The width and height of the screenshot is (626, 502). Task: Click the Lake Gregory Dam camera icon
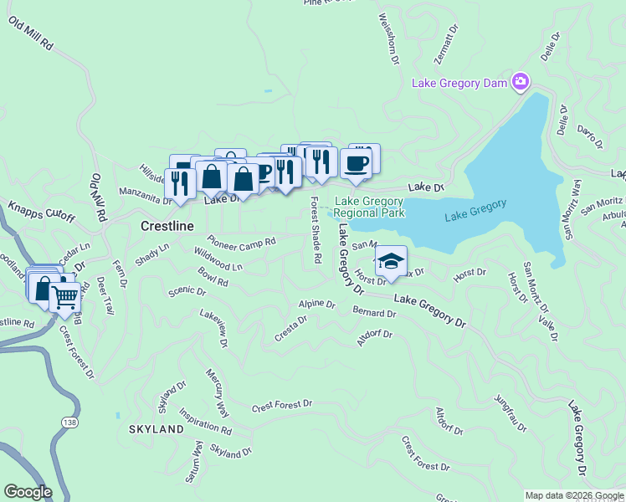521,81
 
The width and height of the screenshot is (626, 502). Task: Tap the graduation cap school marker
390,260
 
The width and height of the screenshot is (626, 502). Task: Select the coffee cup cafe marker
356,163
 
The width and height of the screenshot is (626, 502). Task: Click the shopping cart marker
64,297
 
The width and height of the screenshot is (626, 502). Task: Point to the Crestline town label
167,226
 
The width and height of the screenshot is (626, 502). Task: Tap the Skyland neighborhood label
156,429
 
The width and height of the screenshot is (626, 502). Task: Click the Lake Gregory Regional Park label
368,207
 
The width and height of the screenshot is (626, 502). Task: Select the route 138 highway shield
69,423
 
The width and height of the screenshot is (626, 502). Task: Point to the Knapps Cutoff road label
42,212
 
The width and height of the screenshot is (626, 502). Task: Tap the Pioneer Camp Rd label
242,240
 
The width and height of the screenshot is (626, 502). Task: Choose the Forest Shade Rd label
316,230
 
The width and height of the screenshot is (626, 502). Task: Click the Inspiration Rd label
205,423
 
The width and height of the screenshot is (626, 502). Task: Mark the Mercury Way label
217,392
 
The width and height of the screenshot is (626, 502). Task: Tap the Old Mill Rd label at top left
31,34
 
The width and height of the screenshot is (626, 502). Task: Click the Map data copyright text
574,495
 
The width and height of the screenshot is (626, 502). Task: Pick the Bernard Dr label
374,313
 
